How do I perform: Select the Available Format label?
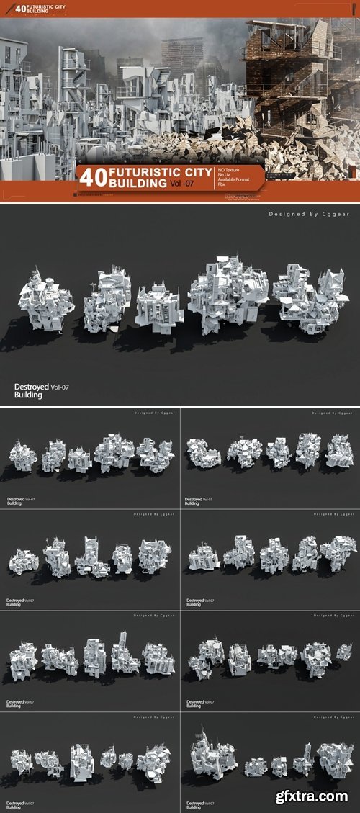point(236,182)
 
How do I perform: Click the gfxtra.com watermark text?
point(316,796)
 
